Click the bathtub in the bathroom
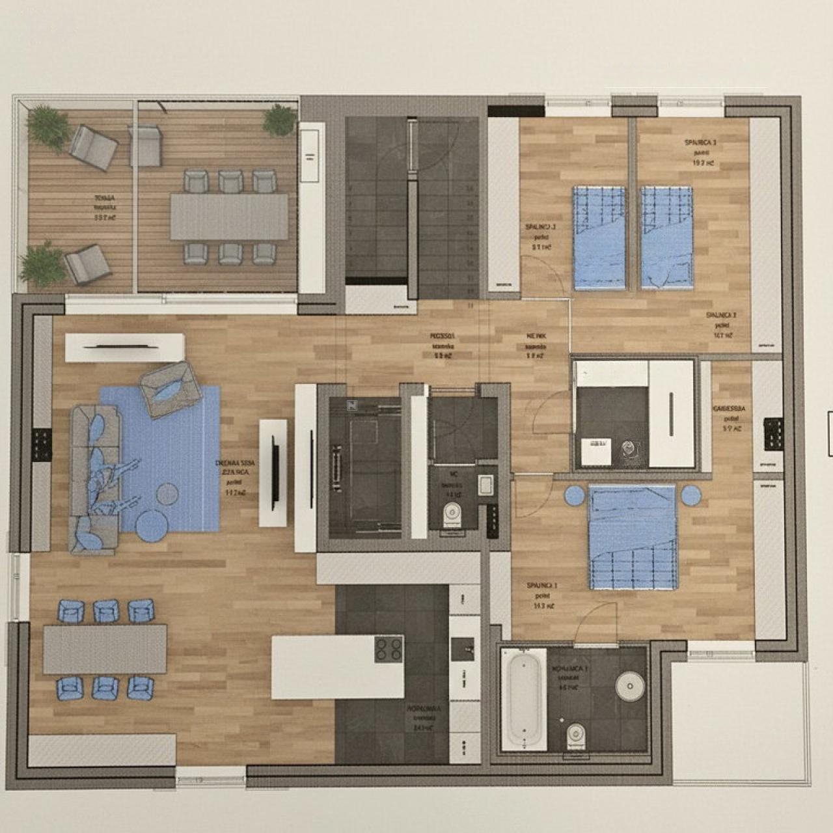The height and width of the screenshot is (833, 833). click(x=523, y=698)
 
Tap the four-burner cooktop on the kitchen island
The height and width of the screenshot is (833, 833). click(x=389, y=649)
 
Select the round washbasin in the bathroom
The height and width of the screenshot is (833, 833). click(x=629, y=684)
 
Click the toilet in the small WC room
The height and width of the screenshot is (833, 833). click(x=452, y=516)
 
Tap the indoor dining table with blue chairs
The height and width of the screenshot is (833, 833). click(x=105, y=649)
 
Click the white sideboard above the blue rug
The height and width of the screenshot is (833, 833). click(x=124, y=347)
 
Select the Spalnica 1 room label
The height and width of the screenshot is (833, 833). click(x=541, y=595)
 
